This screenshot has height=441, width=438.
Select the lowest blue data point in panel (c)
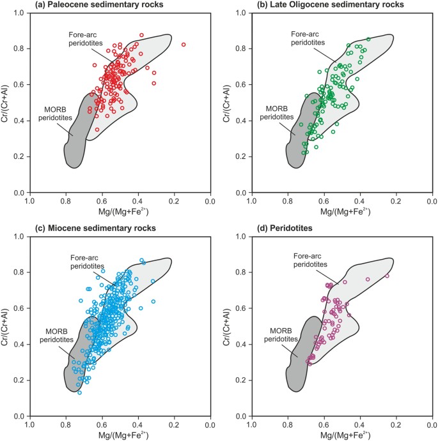coord(80,392)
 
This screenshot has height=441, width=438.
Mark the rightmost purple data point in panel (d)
coord(387,276)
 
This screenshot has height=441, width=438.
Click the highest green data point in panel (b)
coord(368,39)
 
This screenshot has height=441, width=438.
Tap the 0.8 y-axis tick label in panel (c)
coord(18,273)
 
